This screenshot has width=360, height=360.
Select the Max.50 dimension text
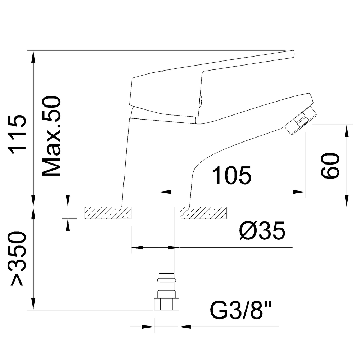coord(51,136)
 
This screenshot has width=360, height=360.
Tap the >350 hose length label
coord(18,258)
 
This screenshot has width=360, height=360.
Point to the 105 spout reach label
coord(231,176)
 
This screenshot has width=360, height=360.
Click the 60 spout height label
coord(330,166)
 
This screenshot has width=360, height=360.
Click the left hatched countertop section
coord(108,213)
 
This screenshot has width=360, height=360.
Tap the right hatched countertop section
coord(203,213)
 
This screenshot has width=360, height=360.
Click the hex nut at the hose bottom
coord(166,304)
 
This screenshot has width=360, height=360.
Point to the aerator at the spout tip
coord(300,121)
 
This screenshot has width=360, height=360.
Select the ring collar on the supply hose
coord(166,279)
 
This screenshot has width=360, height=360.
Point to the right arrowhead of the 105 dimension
coord(301,192)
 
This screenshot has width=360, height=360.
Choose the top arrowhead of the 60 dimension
coord(347,130)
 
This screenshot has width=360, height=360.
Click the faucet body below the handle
coord(158,158)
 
